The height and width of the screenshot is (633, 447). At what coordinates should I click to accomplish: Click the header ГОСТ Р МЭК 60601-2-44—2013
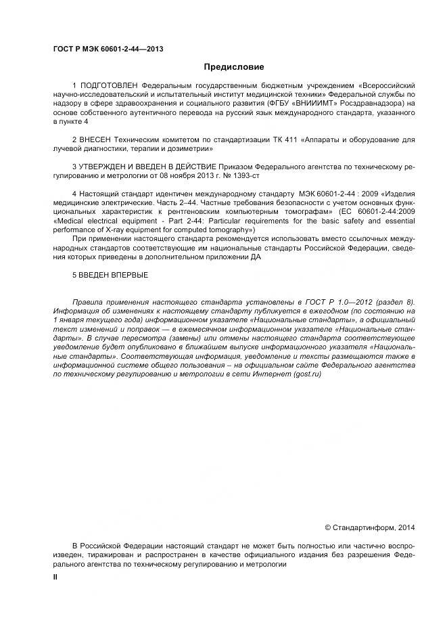(108, 49)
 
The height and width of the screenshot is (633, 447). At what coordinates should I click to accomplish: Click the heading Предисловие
(234, 67)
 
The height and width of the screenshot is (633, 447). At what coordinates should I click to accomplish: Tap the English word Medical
(70, 220)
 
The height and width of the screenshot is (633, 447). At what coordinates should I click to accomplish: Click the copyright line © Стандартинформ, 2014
(371, 526)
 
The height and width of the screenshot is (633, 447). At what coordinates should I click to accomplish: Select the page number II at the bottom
(56, 576)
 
